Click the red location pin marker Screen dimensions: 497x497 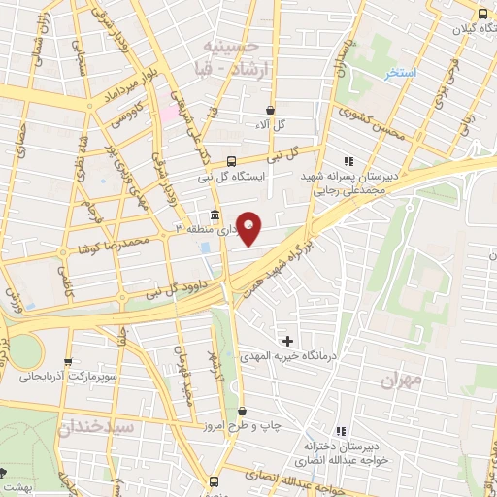249,228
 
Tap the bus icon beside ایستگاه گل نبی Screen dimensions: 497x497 231,161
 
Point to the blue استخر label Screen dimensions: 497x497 400,73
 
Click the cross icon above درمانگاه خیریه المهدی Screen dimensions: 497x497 287,341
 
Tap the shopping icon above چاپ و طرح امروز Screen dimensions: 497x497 242,411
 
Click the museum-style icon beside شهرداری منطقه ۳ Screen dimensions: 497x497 214,215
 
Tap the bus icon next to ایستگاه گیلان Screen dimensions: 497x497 482,13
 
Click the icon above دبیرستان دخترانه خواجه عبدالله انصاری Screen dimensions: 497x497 340,431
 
